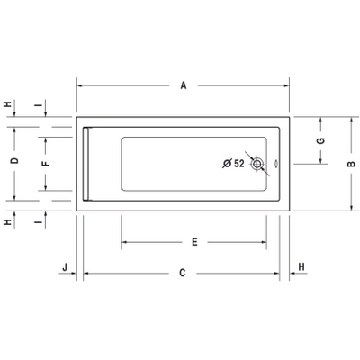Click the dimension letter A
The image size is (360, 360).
coord(183,86)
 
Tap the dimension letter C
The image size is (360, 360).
coord(182,272)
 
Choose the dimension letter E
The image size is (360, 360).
coord(194,242)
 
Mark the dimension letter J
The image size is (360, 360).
coord(65,266)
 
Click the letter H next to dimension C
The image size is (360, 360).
coord(301,266)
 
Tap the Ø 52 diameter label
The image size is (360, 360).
coord(233,164)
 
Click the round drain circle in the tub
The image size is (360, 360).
coord(259,164)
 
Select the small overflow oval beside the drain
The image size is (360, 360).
coord(275,164)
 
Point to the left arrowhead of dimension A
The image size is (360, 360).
coord(79,86)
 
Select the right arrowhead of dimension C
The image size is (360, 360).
coord(279,272)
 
